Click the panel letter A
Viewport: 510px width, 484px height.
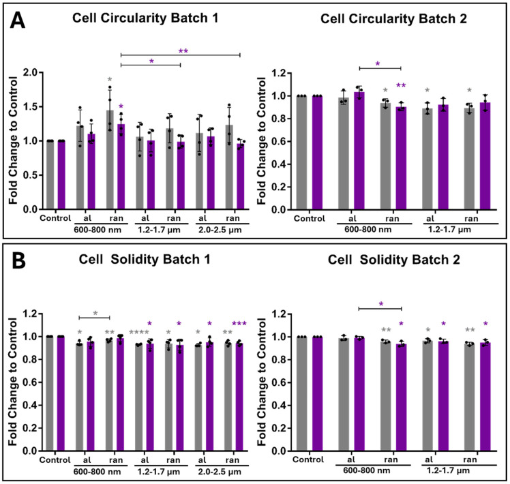click(x=18, y=20)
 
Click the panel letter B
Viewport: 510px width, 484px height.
click(x=18, y=261)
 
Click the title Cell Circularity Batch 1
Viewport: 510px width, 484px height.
click(x=145, y=18)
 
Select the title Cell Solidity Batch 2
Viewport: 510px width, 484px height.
click(x=394, y=260)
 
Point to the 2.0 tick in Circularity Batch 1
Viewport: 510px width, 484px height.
click(x=31, y=72)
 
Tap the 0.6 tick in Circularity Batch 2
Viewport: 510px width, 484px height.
click(x=280, y=142)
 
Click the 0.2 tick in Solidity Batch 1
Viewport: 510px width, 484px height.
click(x=31, y=428)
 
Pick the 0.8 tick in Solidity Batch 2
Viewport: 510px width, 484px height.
click(x=280, y=360)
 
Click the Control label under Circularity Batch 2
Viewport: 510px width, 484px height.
click(x=310, y=219)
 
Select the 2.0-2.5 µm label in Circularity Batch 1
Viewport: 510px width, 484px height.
click(x=220, y=230)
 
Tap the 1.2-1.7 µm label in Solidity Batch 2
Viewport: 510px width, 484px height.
click(x=448, y=470)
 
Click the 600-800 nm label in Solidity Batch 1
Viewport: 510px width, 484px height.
click(x=97, y=472)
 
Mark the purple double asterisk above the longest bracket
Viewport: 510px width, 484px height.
click(x=183, y=51)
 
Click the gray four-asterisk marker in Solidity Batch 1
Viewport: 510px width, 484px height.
click(x=139, y=333)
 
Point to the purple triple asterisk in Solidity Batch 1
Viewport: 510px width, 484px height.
click(x=239, y=324)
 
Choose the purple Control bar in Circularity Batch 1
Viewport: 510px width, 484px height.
click(x=61, y=175)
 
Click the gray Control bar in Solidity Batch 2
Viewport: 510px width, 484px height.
click(x=301, y=394)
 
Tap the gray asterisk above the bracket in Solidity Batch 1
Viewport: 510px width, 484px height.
click(x=95, y=313)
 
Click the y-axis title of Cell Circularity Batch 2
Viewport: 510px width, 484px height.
click(x=262, y=141)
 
